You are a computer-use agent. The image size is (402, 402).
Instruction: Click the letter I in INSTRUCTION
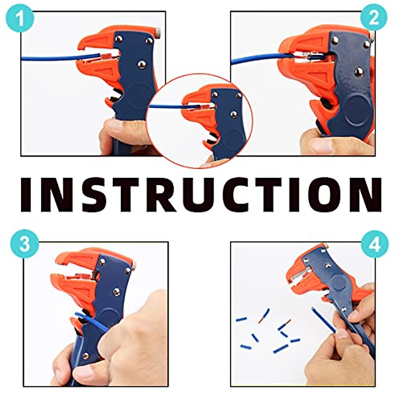coord(29,195)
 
